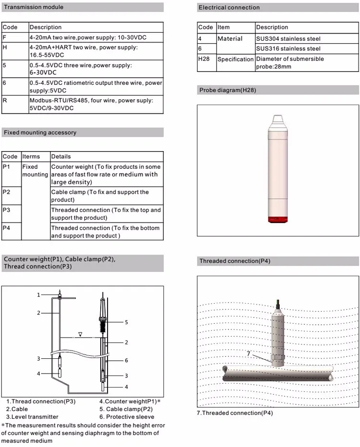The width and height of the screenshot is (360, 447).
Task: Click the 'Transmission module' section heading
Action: pos(34,7)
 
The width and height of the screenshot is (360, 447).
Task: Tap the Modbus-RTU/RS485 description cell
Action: pos(91,105)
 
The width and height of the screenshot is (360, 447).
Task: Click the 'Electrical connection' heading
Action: pos(229,8)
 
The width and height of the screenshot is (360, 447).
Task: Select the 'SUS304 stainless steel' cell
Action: pos(288,38)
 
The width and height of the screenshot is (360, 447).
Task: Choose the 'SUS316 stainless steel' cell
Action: pos(288,48)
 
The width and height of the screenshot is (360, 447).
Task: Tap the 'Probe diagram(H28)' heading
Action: pos(227,90)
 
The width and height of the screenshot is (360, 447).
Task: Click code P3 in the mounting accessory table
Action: pos(6,210)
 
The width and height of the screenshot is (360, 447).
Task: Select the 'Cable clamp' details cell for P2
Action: pos(100,196)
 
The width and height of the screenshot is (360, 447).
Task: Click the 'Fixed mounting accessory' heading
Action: pos(40,132)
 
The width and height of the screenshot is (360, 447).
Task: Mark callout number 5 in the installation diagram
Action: pos(127,322)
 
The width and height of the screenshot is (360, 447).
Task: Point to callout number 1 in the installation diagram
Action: pos(39,295)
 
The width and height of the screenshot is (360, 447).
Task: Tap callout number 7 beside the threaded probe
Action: pos(249,354)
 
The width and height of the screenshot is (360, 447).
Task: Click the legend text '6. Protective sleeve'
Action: pos(127,417)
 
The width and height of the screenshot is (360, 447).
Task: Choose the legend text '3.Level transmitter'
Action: pos(32,417)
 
